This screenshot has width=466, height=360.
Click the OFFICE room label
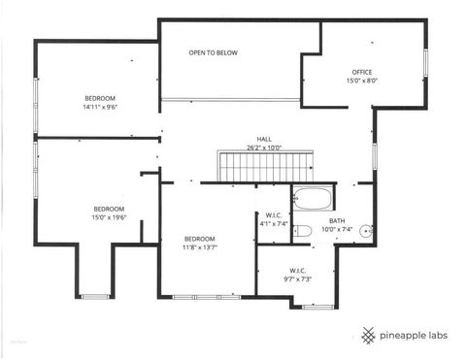click(x=362, y=73)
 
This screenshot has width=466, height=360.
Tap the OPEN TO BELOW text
click(x=213, y=52)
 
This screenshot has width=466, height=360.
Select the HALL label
click(x=263, y=139)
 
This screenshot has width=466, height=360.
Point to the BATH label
click(x=337, y=221)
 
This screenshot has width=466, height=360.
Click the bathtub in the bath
click(x=312, y=201)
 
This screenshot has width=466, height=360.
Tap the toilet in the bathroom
click(x=302, y=230)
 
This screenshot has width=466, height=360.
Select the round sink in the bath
click(x=365, y=231)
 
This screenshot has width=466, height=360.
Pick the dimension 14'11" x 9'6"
click(x=100, y=108)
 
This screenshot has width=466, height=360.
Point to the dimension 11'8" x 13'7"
click(x=199, y=247)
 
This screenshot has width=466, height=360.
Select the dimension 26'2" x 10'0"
click(x=263, y=148)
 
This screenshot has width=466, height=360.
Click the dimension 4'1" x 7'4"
click(x=273, y=224)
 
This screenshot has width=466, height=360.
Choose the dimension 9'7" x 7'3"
click(x=298, y=279)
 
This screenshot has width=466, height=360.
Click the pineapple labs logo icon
click(x=367, y=336)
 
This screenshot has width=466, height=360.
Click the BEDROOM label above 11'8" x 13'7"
click(x=199, y=239)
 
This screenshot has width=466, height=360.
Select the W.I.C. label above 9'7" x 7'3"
click(x=298, y=271)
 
